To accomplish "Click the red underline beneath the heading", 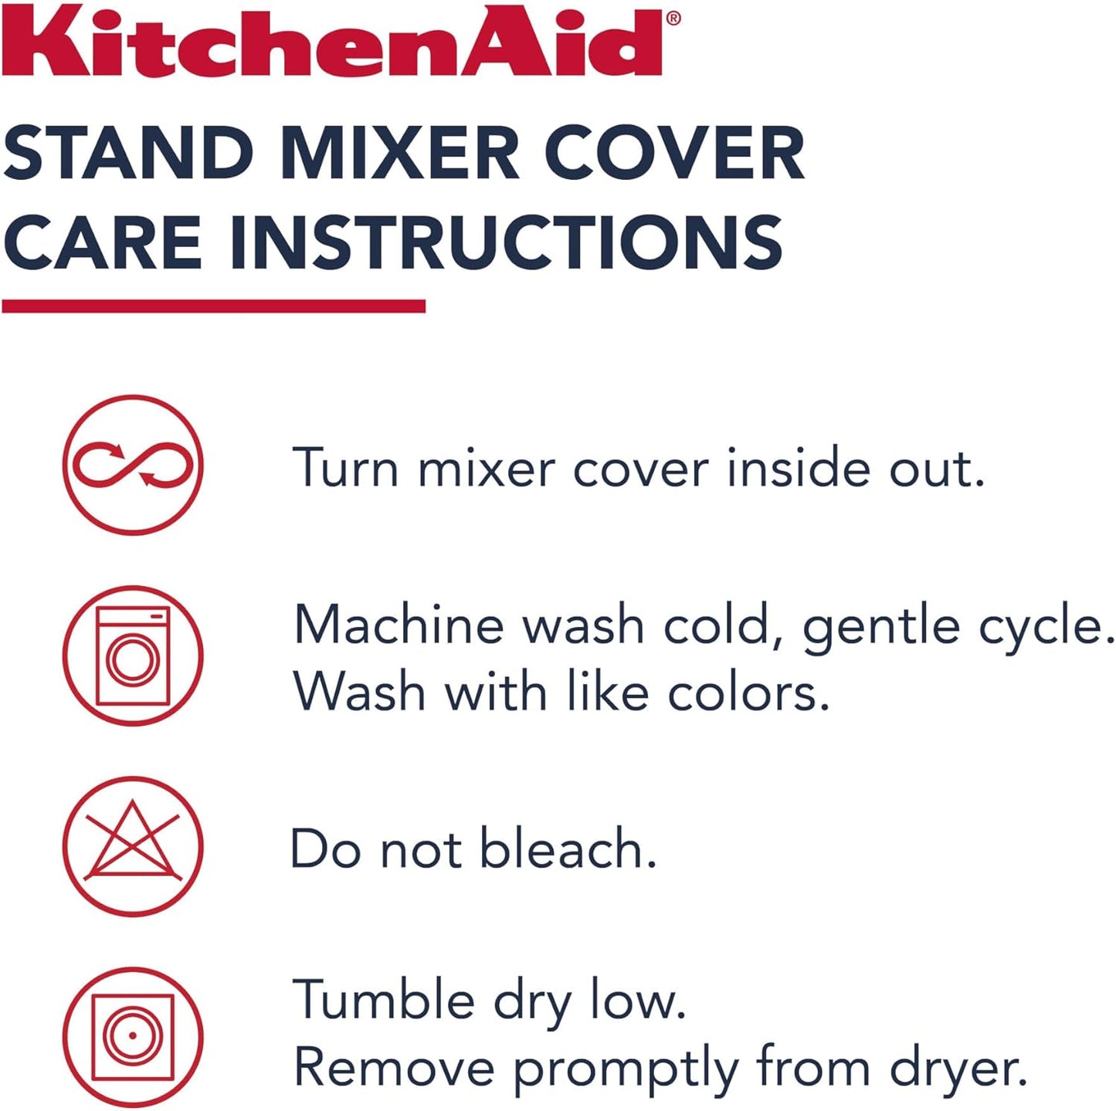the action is [x=214, y=307].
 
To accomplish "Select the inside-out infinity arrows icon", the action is [x=133, y=465].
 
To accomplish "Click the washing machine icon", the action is [x=133, y=655].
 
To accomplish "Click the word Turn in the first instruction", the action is [x=346, y=468].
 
